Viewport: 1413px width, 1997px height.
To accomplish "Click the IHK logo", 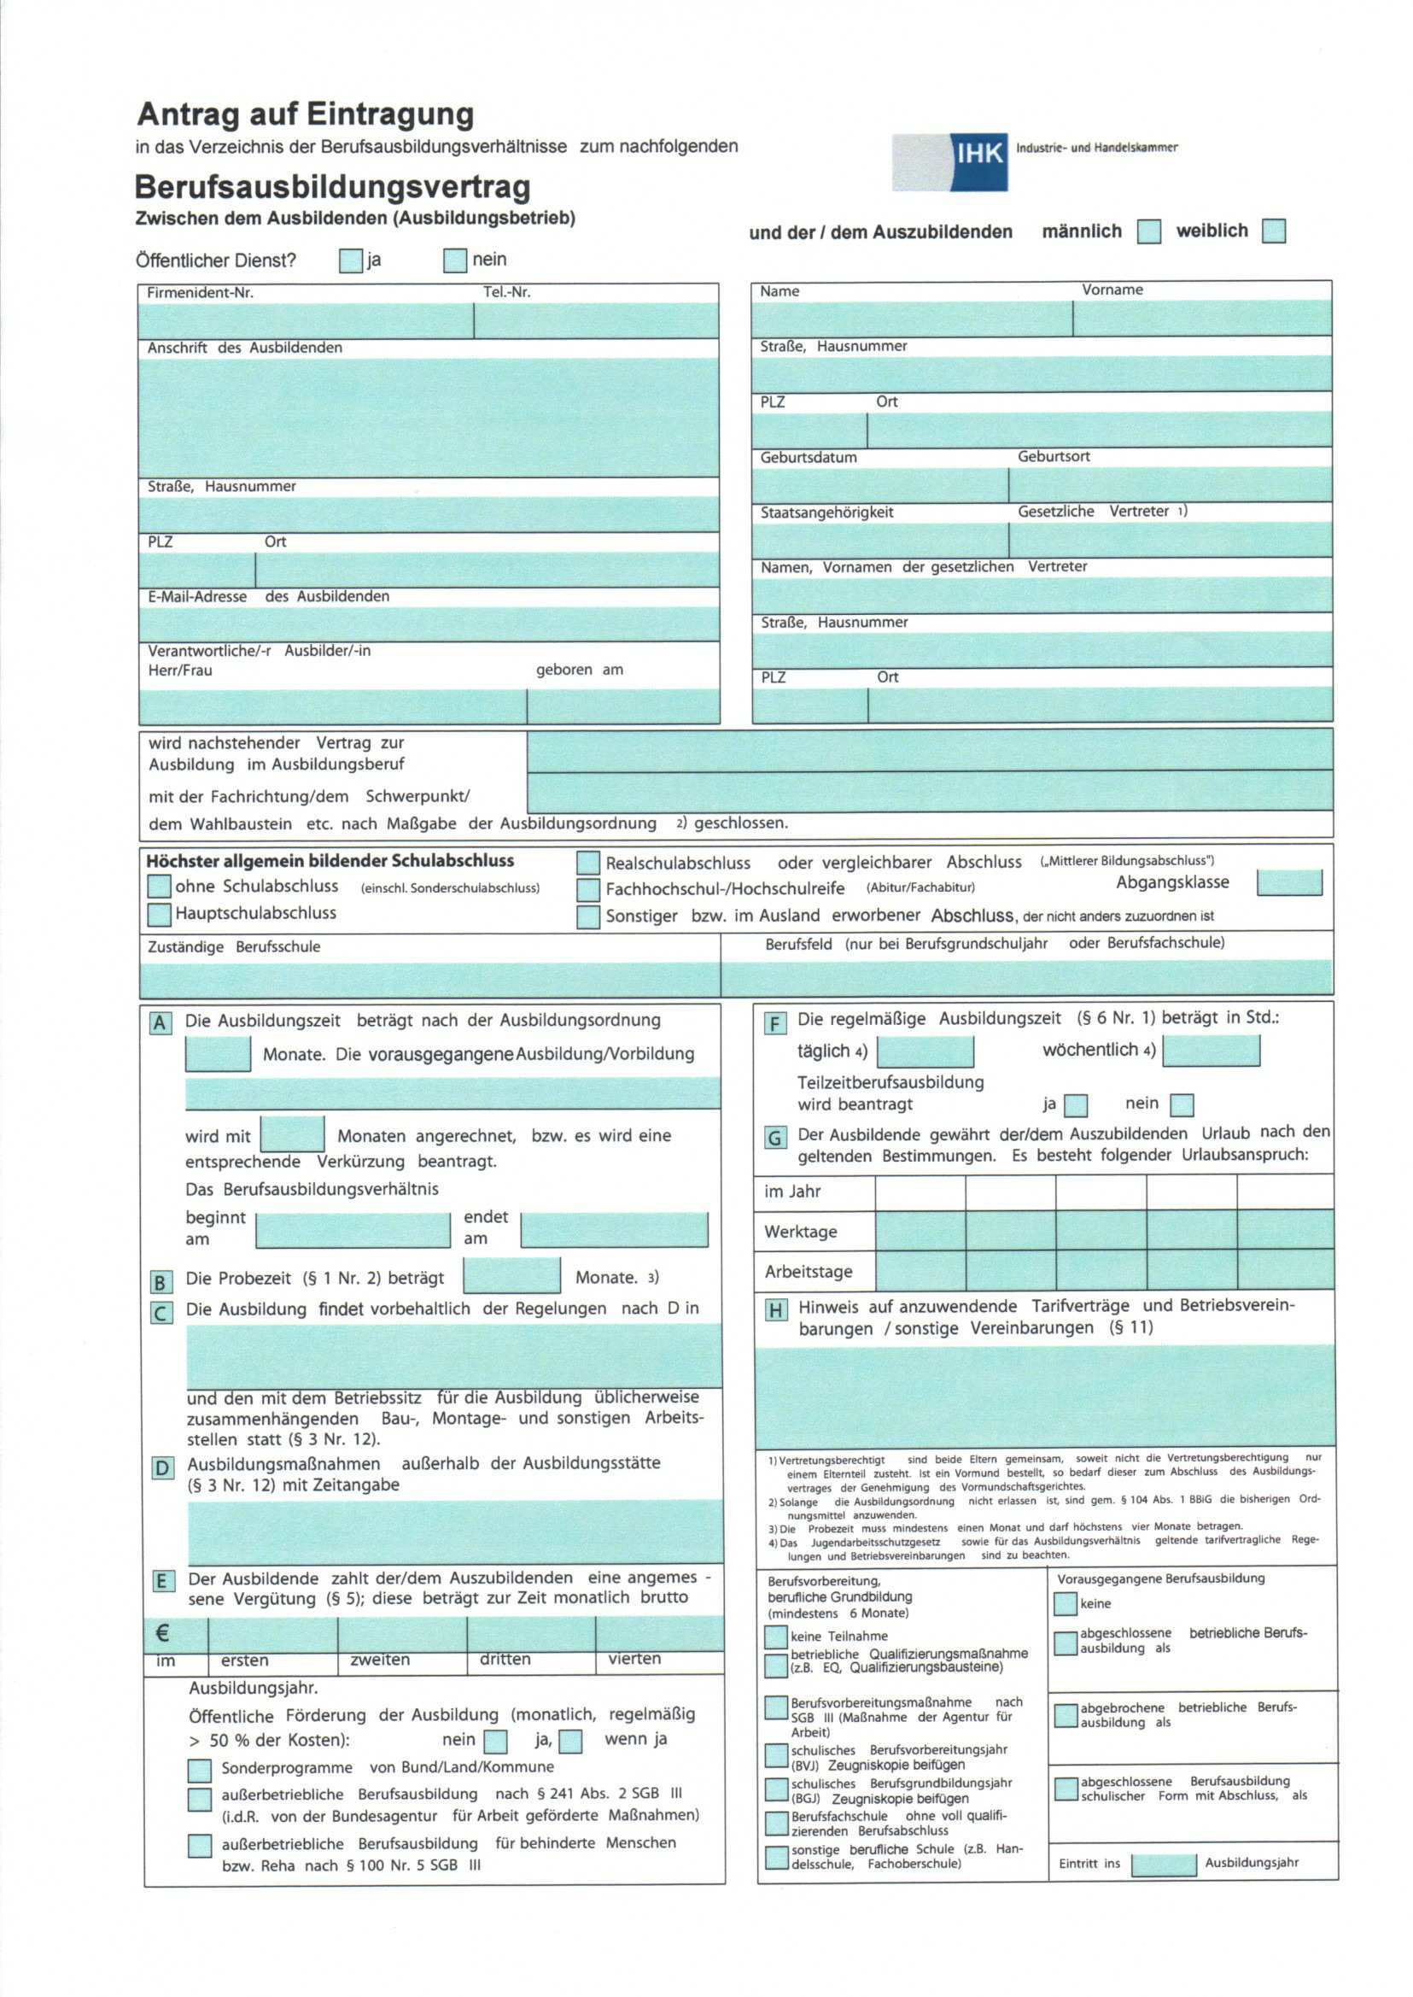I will click(950, 162).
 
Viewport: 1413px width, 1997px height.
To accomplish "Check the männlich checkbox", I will click(1149, 231).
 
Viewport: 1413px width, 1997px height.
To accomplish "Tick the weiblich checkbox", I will click(1273, 231).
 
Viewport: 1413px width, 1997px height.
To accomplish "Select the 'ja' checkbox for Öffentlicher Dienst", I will click(351, 261).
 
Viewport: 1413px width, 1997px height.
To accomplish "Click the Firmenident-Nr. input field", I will click(306, 321).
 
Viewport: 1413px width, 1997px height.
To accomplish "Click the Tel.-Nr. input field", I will click(596, 321).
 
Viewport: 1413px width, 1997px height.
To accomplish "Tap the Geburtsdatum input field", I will click(879, 485).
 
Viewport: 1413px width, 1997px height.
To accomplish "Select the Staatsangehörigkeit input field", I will click(879, 540).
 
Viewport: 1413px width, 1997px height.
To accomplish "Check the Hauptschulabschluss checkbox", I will click(159, 914).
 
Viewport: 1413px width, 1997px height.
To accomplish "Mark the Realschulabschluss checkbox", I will click(588, 863).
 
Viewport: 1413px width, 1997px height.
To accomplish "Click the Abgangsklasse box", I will click(1288, 882).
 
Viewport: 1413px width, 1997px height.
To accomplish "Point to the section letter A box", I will click(161, 1022).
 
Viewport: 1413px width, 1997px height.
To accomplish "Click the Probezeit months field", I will click(511, 1276).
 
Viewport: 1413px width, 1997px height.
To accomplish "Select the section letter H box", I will click(776, 1309).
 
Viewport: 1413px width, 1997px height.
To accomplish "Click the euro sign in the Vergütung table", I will click(163, 1633).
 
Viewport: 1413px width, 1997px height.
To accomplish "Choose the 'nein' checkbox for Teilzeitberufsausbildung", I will click(1182, 1104).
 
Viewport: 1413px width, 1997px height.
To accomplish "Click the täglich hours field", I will click(925, 1051).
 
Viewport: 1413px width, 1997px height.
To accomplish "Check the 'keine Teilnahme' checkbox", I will click(775, 1637).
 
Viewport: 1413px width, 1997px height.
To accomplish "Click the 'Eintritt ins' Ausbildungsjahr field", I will click(1164, 1864).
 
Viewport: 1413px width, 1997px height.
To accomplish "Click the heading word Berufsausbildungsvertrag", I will click(332, 187).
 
